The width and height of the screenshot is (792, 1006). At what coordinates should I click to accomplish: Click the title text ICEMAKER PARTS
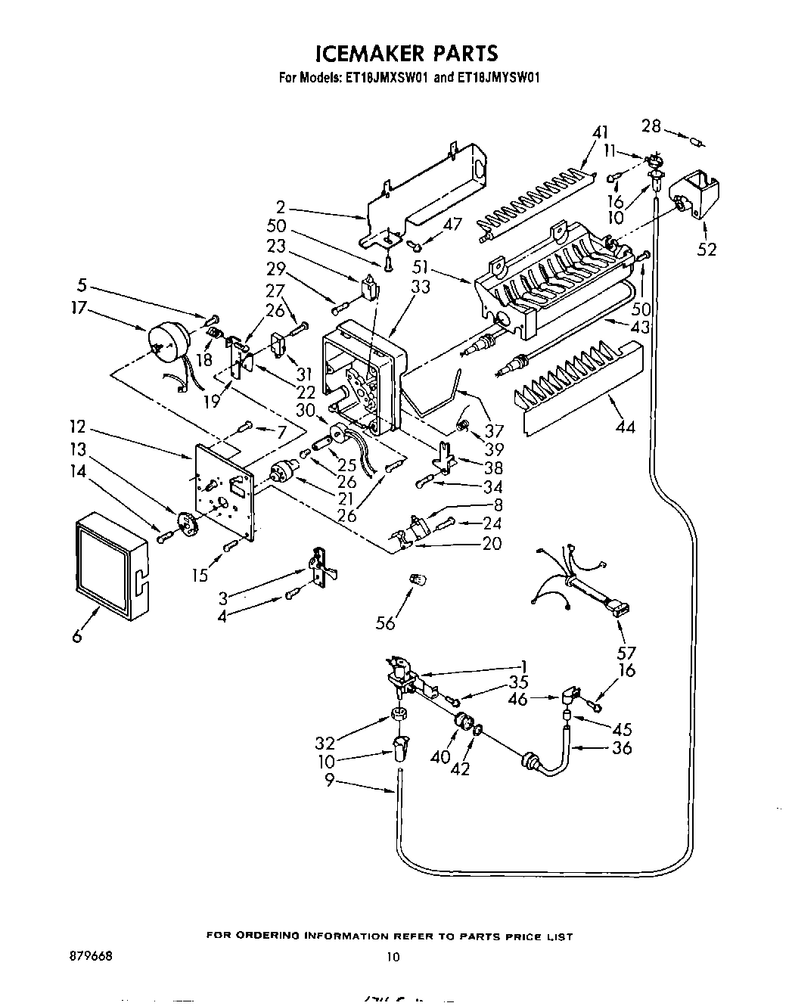(406, 54)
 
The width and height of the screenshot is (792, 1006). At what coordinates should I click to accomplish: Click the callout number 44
(626, 427)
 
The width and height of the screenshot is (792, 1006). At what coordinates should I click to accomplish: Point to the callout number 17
(79, 308)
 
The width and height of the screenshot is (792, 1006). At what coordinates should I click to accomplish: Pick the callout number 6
(77, 636)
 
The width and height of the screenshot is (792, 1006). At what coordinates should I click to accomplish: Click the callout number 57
(626, 652)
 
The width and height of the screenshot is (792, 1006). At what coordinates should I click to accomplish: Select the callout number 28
(651, 126)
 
